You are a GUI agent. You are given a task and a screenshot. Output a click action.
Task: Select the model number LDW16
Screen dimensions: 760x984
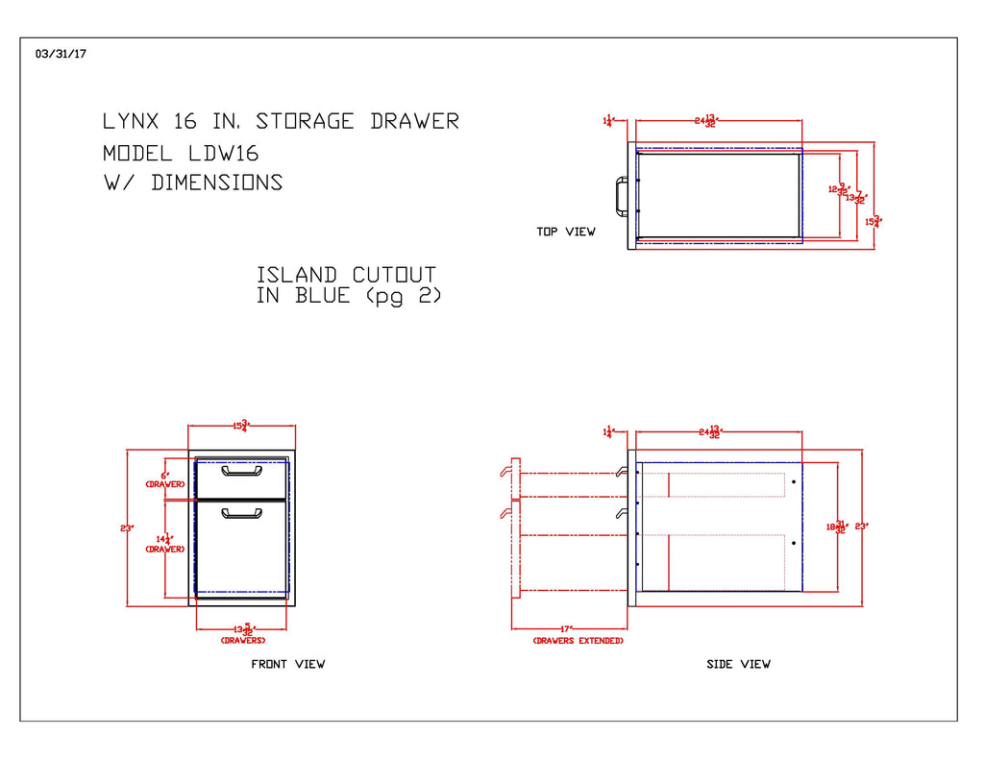[x=218, y=153]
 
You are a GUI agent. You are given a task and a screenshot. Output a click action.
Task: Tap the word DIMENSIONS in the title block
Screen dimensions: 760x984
[x=217, y=183]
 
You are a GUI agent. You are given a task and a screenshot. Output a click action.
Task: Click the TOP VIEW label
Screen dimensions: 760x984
[x=566, y=232]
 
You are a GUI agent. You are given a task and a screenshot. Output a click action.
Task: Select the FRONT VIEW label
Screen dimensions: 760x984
[x=288, y=664]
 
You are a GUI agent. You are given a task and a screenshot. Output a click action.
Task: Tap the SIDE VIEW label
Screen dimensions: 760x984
[x=738, y=664]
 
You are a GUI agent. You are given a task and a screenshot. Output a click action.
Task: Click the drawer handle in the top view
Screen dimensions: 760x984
[x=616, y=195]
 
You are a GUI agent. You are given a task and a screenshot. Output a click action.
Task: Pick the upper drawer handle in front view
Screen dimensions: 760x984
[x=241, y=471]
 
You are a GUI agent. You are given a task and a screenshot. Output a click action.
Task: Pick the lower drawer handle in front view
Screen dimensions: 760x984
[x=241, y=514]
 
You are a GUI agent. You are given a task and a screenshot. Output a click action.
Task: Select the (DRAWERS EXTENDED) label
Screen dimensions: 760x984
[x=578, y=641]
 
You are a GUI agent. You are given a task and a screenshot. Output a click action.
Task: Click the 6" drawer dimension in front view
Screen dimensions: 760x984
[x=165, y=476]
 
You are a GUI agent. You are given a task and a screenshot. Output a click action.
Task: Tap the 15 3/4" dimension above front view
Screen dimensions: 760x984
[x=241, y=426]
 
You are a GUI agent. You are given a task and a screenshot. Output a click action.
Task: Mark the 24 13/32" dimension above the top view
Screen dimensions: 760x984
[x=707, y=121]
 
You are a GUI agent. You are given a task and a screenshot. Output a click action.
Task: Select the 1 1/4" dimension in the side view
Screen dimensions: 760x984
[x=607, y=432]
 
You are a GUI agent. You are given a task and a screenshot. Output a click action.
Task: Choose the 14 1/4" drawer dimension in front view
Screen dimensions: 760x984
[x=166, y=541]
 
